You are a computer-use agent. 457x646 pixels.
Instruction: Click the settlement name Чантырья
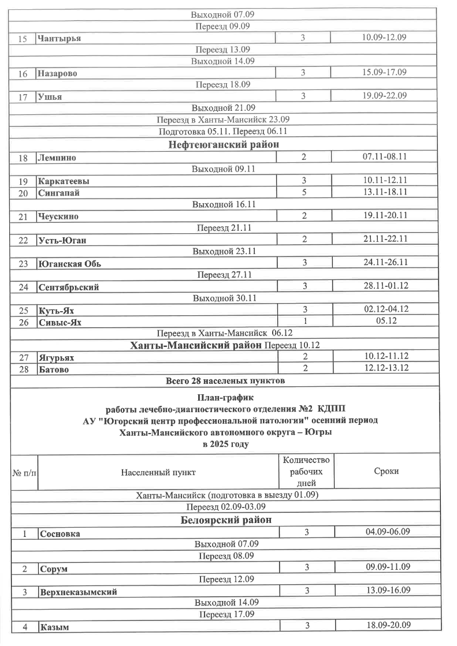[x=59, y=38]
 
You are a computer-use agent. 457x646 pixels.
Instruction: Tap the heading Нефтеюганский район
[x=223, y=144]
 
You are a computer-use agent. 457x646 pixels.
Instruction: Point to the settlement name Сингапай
[x=58, y=193]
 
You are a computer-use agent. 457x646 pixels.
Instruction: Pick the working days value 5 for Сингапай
[x=304, y=192]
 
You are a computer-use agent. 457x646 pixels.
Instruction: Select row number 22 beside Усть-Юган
[x=23, y=240]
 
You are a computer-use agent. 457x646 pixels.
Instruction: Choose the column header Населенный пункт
[x=158, y=472]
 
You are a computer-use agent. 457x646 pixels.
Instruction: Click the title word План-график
[x=225, y=398]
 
